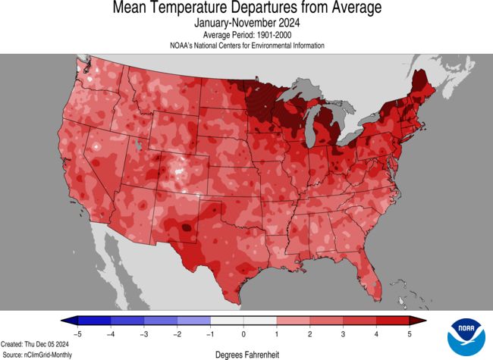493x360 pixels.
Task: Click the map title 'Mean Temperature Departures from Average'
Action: coord(246,9)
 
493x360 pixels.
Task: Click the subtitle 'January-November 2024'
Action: coord(246,23)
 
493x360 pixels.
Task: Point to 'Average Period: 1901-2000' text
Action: coord(246,35)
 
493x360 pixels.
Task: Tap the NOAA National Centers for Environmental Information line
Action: coord(246,45)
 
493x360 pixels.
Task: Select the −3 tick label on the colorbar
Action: coord(143,333)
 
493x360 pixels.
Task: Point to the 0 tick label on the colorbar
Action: coord(243,333)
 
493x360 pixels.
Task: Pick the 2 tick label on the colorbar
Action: coord(310,333)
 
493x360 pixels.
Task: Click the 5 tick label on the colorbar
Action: coord(410,333)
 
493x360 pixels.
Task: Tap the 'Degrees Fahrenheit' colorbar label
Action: coord(246,352)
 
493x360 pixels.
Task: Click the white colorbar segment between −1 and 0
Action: coord(227,321)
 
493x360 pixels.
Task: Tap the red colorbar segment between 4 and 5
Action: coord(394,321)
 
